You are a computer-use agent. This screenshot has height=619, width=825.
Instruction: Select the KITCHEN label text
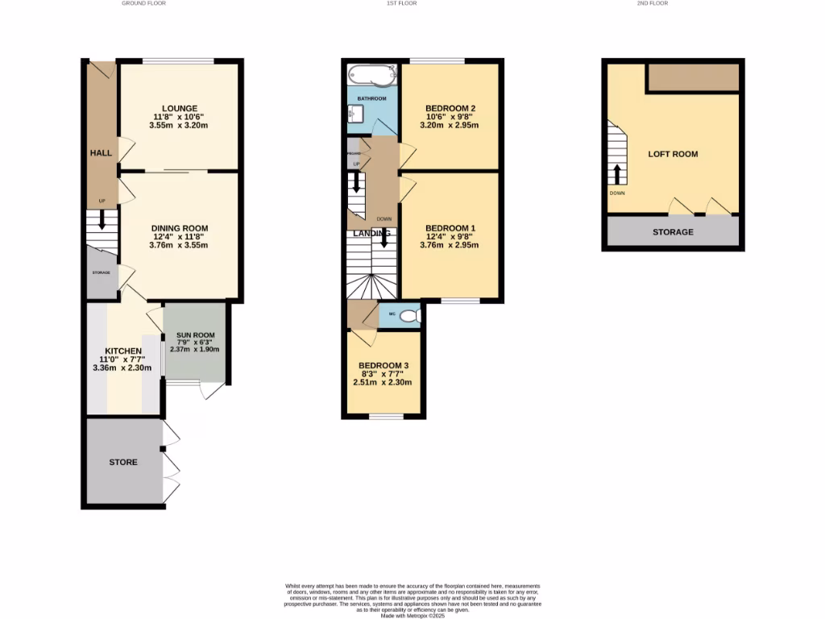(x=121, y=351)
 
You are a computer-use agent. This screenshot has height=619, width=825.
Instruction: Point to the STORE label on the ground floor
(x=123, y=463)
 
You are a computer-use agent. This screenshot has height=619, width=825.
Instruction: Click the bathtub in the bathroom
(x=371, y=77)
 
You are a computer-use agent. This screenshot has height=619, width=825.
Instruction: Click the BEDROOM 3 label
(x=383, y=365)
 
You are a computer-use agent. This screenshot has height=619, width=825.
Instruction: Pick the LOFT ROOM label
(x=673, y=154)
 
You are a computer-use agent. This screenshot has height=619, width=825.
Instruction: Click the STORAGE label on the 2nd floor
(x=673, y=232)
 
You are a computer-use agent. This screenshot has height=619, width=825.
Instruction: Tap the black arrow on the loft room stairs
(x=617, y=174)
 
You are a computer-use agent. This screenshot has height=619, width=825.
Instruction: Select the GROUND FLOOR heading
(x=143, y=3)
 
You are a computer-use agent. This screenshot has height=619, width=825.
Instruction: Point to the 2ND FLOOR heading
(x=652, y=3)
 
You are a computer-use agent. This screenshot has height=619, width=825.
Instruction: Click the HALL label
(x=101, y=152)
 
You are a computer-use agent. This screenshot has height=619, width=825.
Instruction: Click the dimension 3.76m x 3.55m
(x=179, y=245)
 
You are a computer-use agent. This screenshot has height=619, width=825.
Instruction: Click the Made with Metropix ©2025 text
(x=412, y=616)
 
